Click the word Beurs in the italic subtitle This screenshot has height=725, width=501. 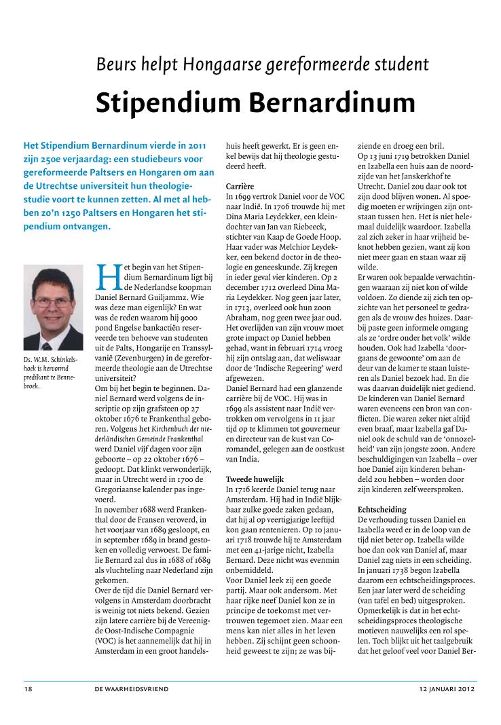coord(117,64)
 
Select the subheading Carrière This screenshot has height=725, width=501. coord(240,185)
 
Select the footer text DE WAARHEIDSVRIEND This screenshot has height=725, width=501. coord(132,689)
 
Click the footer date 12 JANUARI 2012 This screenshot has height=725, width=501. coord(447,689)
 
